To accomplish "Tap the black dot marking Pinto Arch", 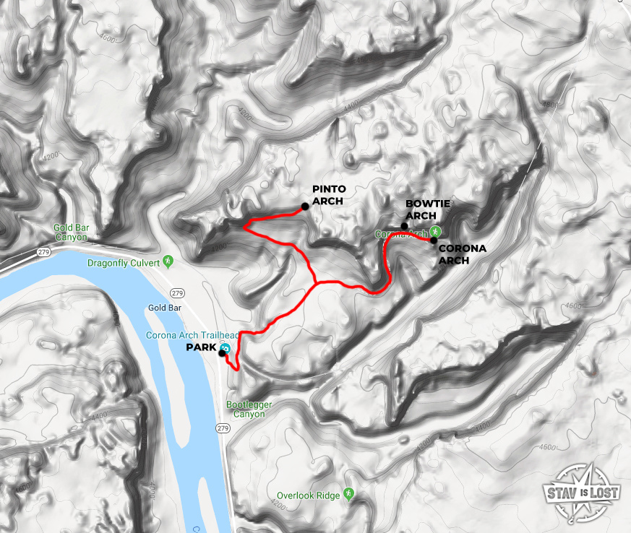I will click(305, 207).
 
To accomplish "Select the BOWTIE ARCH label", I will click(428, 209).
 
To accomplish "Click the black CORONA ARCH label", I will click(463, 254).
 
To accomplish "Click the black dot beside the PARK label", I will click(221, 353).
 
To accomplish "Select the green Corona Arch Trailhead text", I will click(192, 335).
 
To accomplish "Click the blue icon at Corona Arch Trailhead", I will click(226, 348).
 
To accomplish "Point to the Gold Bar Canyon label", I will click(71, 232).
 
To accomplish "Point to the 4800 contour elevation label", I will click(550, 104).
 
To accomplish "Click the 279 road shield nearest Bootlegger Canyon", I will click(222, 428).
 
